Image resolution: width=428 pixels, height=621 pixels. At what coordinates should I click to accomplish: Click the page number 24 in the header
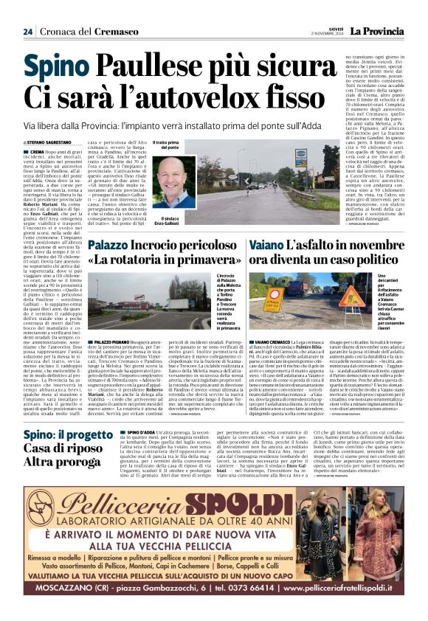pyautogui.click(x=27, y=31)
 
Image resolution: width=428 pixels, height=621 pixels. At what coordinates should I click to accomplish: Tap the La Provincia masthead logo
pyautogui.click(x=378, y=30)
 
